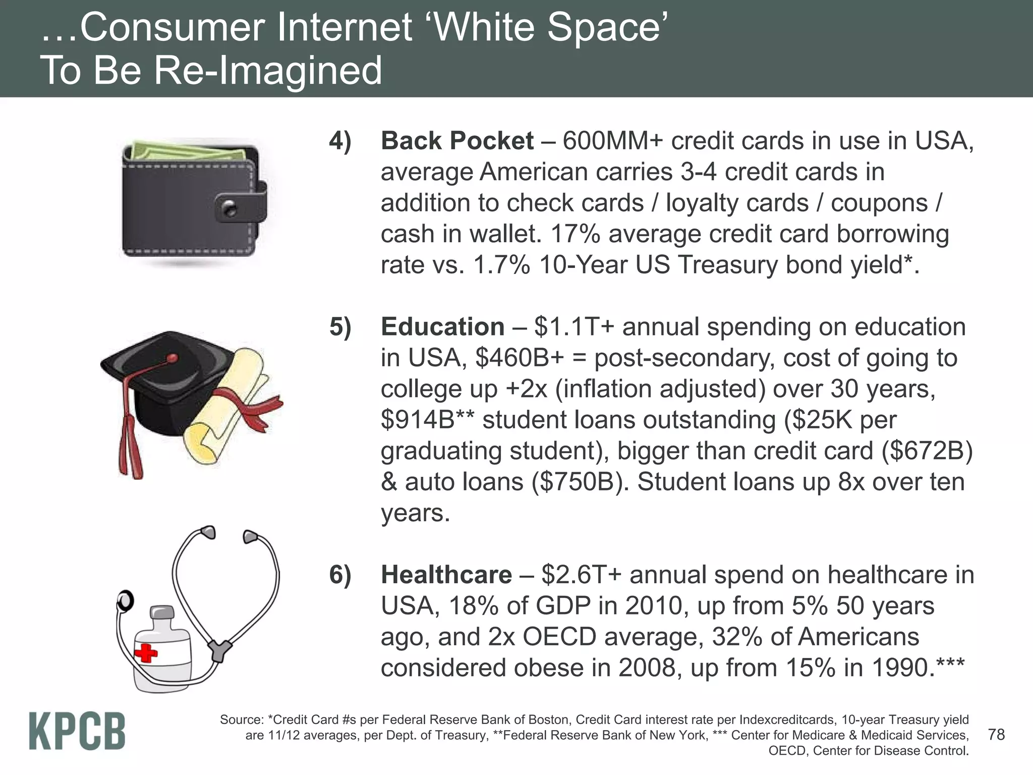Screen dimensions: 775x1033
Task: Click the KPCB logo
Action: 77,731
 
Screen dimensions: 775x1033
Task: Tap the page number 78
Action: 996,734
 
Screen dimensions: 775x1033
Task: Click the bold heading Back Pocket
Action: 457,141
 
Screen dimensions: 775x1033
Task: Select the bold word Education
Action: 442,327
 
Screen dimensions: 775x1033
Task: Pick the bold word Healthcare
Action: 446,575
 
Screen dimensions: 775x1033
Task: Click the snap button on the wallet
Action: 230,207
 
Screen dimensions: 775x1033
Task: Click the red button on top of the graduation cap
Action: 173,359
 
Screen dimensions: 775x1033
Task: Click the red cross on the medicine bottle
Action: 147,653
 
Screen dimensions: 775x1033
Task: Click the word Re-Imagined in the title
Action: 268,71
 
